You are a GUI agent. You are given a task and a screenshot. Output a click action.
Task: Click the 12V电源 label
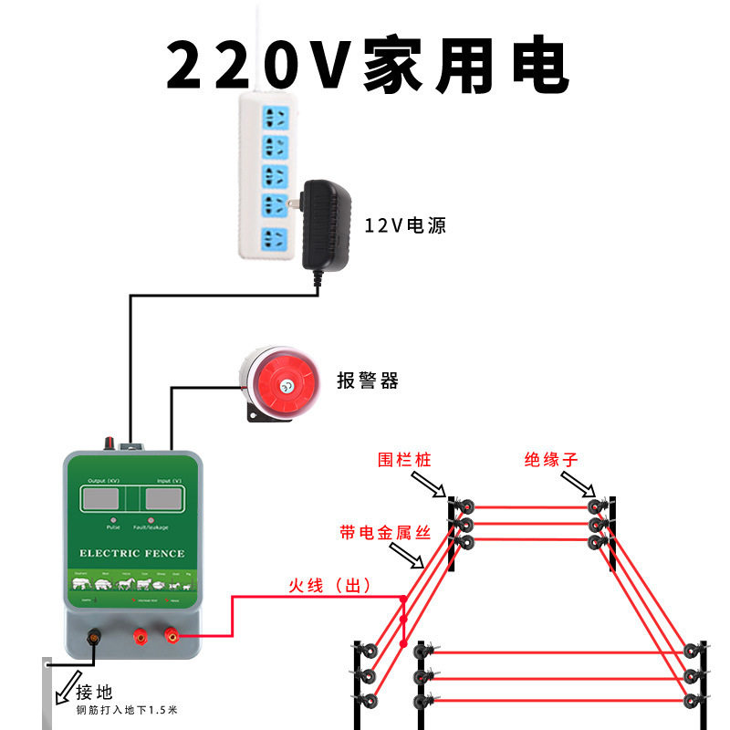(405, 225)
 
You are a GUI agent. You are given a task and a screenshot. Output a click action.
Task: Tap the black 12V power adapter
(325, 223)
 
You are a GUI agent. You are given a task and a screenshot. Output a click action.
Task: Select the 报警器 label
(367, 381)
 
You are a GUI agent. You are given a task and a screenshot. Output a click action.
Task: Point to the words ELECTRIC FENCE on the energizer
(131, 553)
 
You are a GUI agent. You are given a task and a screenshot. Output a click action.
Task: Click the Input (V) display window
(165, 499)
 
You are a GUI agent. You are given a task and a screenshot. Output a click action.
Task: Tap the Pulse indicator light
(113, 520)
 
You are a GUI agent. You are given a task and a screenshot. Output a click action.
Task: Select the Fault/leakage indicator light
(151, 520)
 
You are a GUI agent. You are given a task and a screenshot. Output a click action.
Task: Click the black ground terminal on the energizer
(92, 635)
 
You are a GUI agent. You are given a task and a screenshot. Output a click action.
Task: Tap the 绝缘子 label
(551, 459)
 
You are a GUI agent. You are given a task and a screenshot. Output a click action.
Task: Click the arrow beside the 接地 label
(67, 688)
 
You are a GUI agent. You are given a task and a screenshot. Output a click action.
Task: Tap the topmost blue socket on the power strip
(276, 117)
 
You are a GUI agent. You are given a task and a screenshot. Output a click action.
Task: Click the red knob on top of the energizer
(111, 443)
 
